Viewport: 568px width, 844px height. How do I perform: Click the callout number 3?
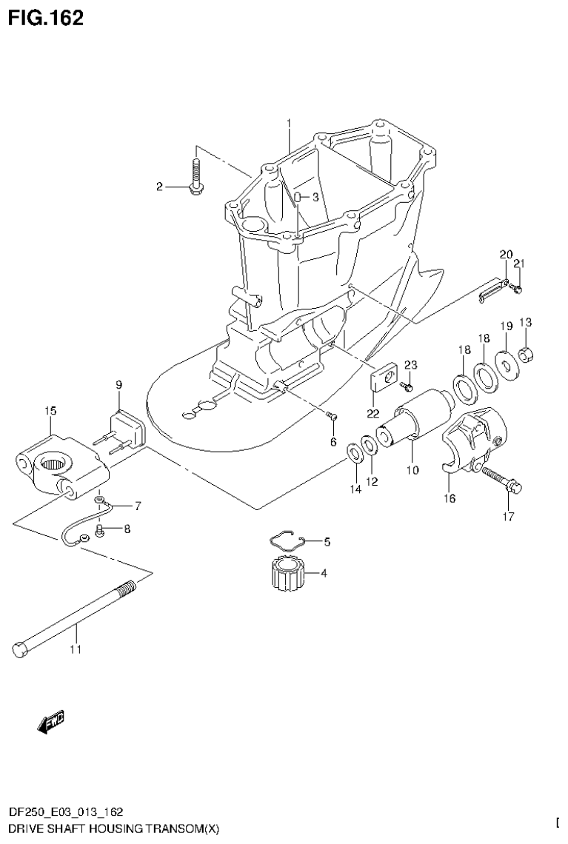point(315,197)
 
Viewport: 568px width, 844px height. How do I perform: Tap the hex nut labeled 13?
point(527,356)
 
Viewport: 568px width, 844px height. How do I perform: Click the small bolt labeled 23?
point(407,386)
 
